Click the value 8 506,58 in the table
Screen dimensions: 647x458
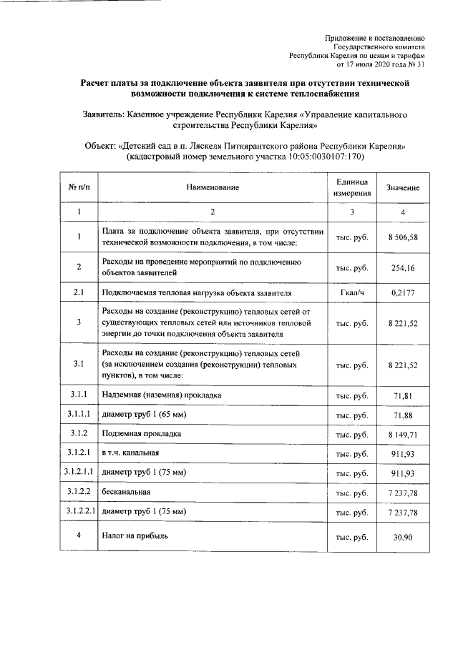403,237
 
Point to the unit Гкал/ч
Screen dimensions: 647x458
352,293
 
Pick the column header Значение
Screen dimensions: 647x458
403,187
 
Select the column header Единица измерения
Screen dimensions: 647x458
352,187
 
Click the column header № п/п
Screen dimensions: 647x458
79,187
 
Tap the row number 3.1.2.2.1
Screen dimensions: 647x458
79,512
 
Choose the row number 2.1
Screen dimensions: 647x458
79,293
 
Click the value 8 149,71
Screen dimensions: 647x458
403,434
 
